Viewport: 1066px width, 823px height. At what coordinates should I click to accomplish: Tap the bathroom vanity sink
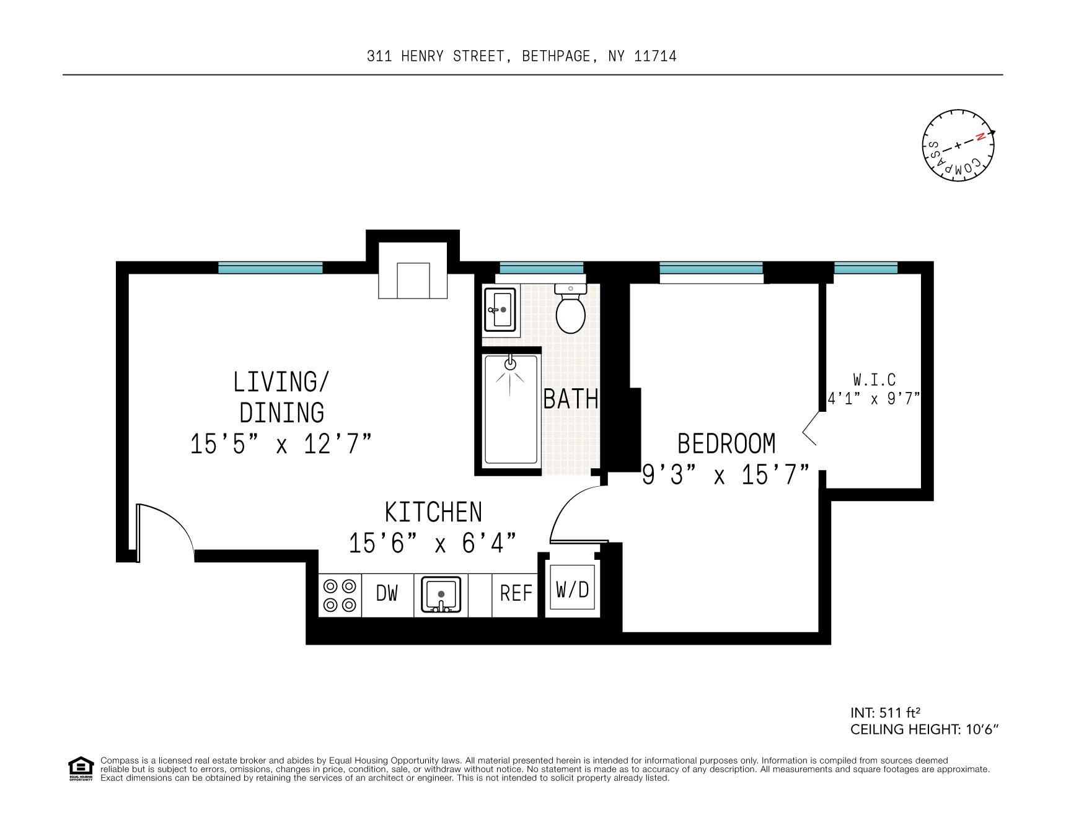(500, 310)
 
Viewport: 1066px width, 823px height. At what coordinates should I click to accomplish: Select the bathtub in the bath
(510, 410)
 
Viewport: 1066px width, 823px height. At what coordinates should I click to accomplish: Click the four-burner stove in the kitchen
(340, 595)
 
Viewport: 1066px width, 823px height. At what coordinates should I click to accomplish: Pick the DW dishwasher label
(387, 593)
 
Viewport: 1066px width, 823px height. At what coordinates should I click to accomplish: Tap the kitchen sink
(441, 595)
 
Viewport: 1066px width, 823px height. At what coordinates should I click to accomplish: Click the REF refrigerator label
(516, 593)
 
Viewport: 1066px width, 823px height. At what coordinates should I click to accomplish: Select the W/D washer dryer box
(572, 590)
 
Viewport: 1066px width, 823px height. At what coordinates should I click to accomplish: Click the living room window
(270, 268)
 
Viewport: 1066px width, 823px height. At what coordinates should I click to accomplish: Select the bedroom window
(711, 268)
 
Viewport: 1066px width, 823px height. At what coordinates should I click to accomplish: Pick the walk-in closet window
(865, 268)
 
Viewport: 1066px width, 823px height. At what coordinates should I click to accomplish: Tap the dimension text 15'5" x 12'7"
(281, 444)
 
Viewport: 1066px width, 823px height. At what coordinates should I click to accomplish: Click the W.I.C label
(874, 379)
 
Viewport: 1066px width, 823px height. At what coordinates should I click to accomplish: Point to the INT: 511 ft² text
(889, 713)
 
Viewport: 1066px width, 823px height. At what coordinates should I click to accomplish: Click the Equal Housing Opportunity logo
(81, 769)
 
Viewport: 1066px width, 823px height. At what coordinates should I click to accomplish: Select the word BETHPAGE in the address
(556, 56)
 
